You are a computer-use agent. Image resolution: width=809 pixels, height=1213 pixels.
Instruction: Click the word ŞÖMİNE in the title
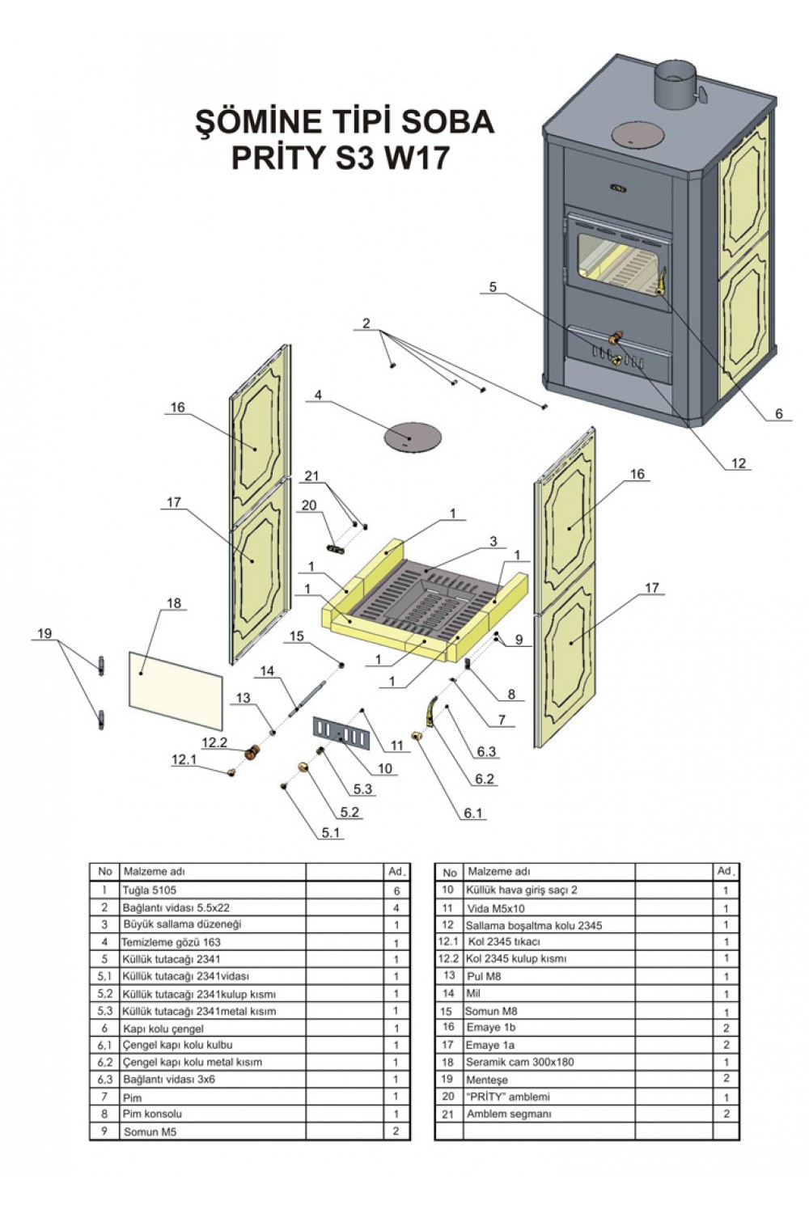click(256, 122)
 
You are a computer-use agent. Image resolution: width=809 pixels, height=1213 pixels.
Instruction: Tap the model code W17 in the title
click(413, 158)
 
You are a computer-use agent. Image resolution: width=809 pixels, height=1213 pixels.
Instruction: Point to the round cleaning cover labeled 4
click(412, 437)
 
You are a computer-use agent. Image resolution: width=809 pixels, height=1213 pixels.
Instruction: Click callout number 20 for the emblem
click(308, 505)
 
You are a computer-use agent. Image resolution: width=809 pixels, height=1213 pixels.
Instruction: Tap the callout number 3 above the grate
click(493, 541)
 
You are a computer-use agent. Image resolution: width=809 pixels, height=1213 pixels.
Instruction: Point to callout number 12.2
click(215, 742)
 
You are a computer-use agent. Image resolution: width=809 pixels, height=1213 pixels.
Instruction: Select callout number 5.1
click(331, 832)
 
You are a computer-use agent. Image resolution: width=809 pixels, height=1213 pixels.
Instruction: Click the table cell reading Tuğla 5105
click(149, 890)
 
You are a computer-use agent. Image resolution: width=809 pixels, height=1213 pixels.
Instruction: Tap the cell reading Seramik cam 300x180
click(519, 1062)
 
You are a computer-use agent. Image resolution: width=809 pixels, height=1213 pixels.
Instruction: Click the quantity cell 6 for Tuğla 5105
click(396, 890)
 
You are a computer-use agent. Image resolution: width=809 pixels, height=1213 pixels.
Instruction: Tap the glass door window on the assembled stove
click(619, 266)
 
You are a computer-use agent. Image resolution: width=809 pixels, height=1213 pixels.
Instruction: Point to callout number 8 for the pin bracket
click(511, 694)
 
